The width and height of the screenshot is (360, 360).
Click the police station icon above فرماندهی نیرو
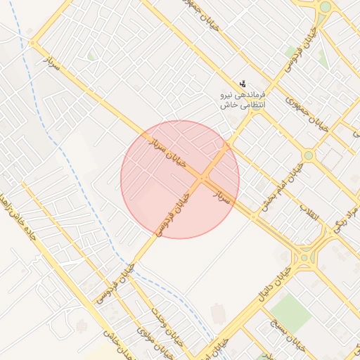[243, 83]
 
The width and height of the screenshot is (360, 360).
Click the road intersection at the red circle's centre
[202, 179]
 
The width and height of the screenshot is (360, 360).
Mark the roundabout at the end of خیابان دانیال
[304, 258]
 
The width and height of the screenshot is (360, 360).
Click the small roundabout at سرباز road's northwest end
[32, 44]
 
